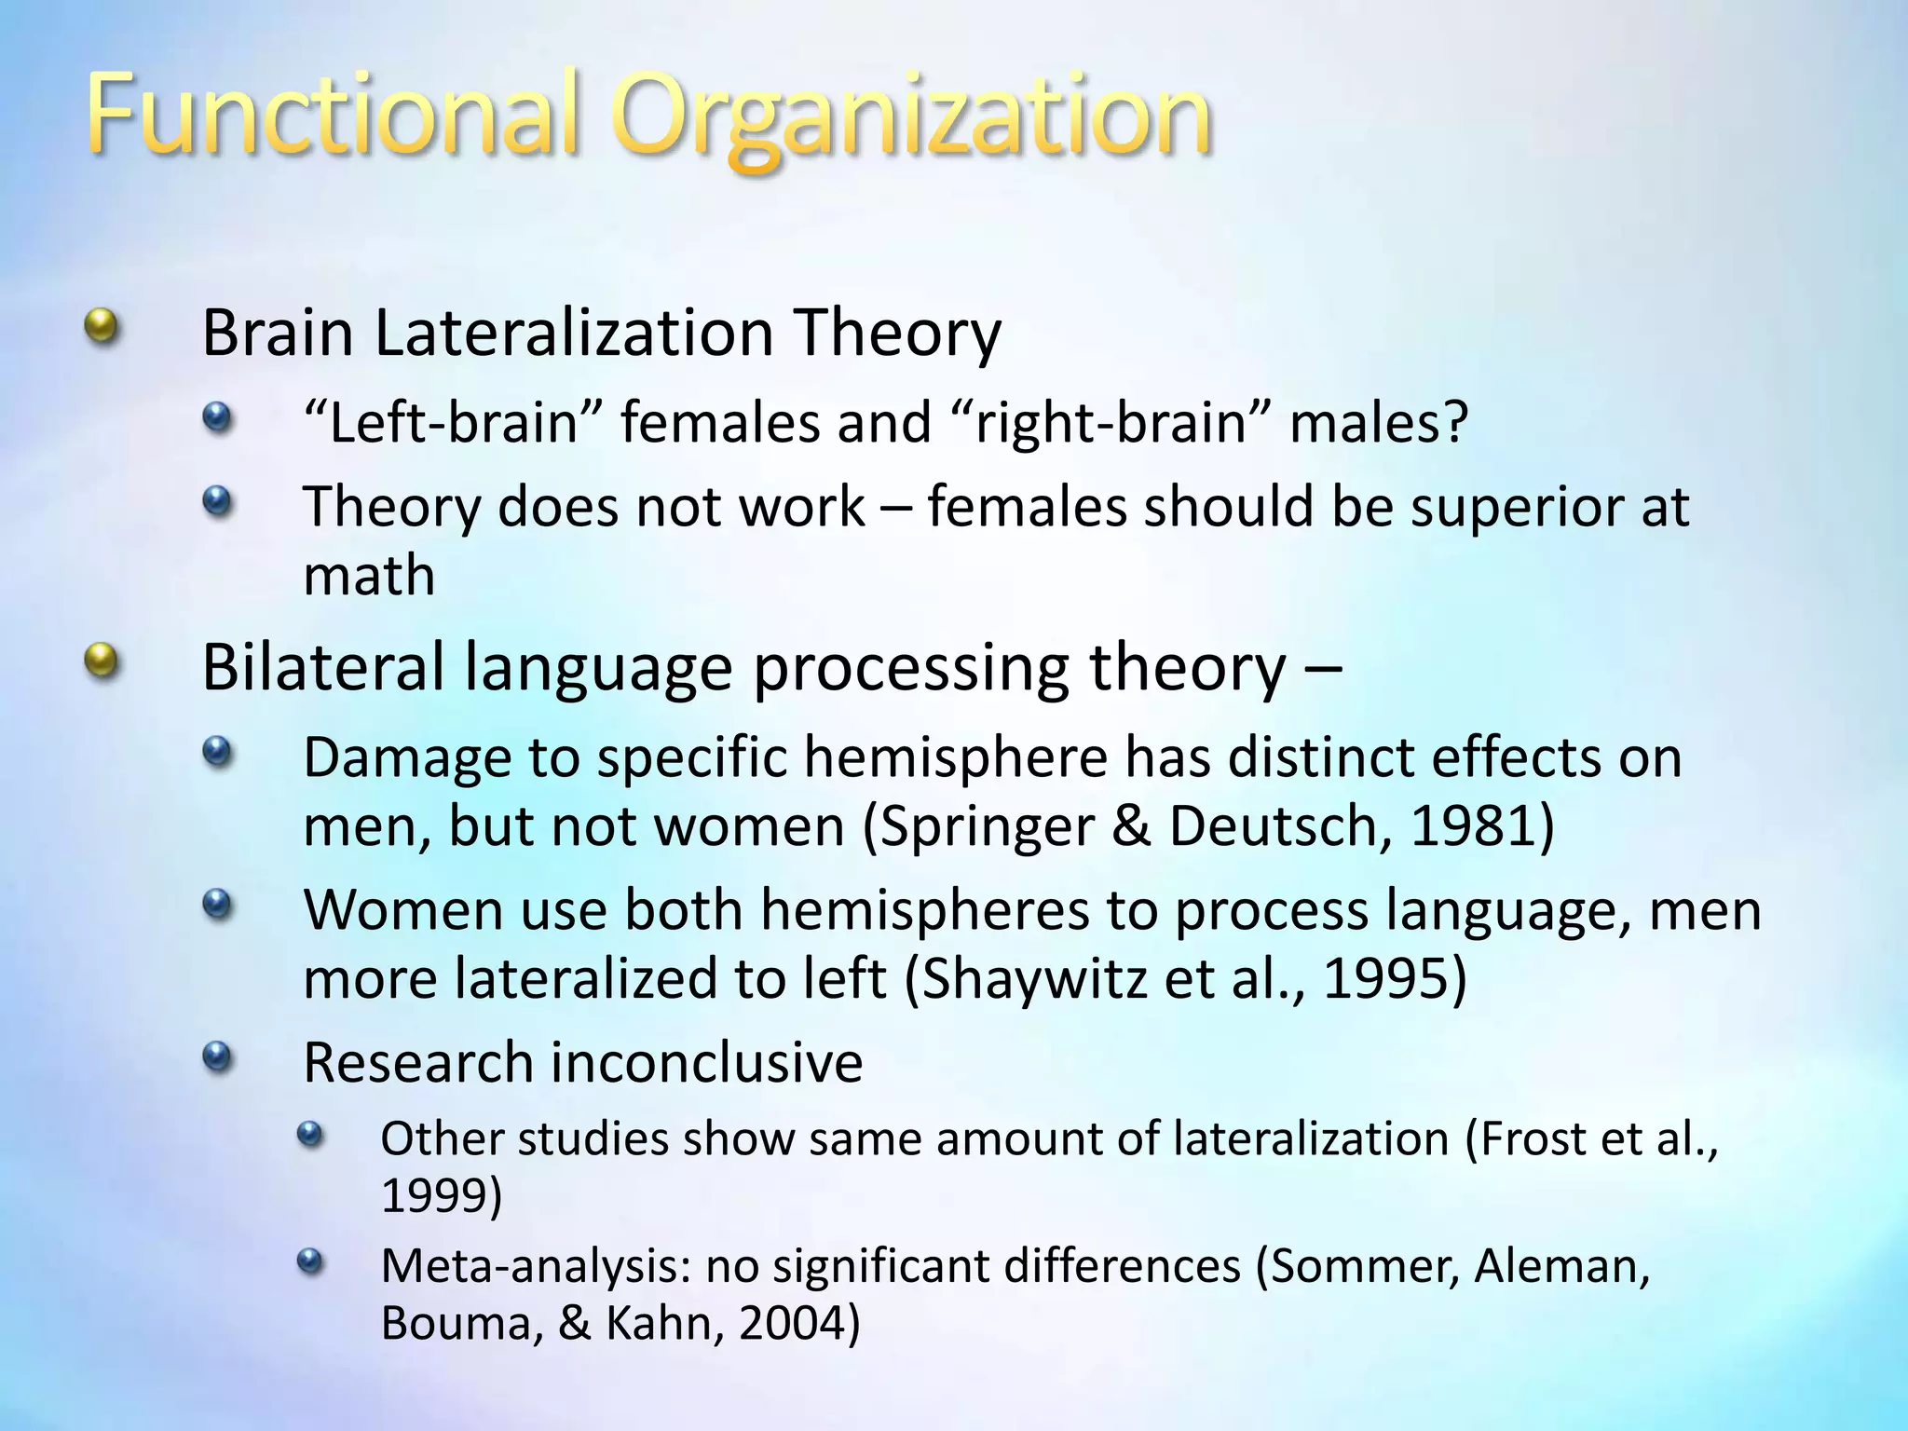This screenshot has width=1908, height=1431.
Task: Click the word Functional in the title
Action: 335,116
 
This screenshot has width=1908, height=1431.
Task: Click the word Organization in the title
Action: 913,121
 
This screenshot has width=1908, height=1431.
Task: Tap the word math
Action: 369,575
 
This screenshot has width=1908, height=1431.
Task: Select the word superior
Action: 1500,508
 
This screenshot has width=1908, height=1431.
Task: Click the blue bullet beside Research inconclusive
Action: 216,1056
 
